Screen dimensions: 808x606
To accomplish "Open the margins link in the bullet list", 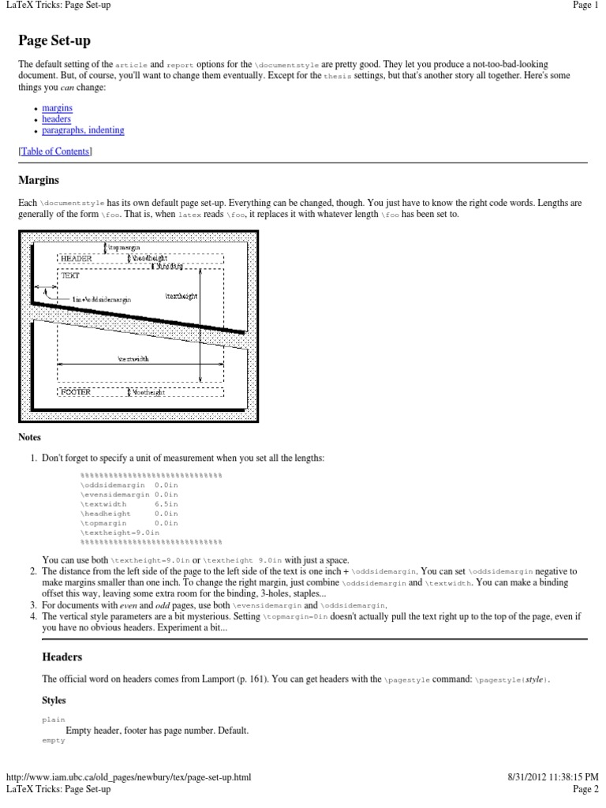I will click(x=57, y=107).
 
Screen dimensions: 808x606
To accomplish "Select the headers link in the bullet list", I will click(x=57, y=118).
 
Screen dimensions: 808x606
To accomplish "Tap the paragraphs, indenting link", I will click(x=83, y=130).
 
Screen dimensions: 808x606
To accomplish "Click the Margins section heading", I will click(x=39, y=181).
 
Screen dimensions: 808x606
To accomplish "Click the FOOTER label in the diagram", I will click(x=77, y=391).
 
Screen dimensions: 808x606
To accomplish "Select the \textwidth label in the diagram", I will click(x=133, y=358).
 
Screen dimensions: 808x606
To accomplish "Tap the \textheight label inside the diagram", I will click(x=181, y=296).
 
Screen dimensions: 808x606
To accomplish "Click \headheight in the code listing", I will click(x=106, y=513).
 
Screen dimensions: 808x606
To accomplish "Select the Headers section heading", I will click(x=62, y=656).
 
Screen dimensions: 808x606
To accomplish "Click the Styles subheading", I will click(x=54, y=699).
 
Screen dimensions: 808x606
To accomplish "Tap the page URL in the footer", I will click(x=129, y=777).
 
